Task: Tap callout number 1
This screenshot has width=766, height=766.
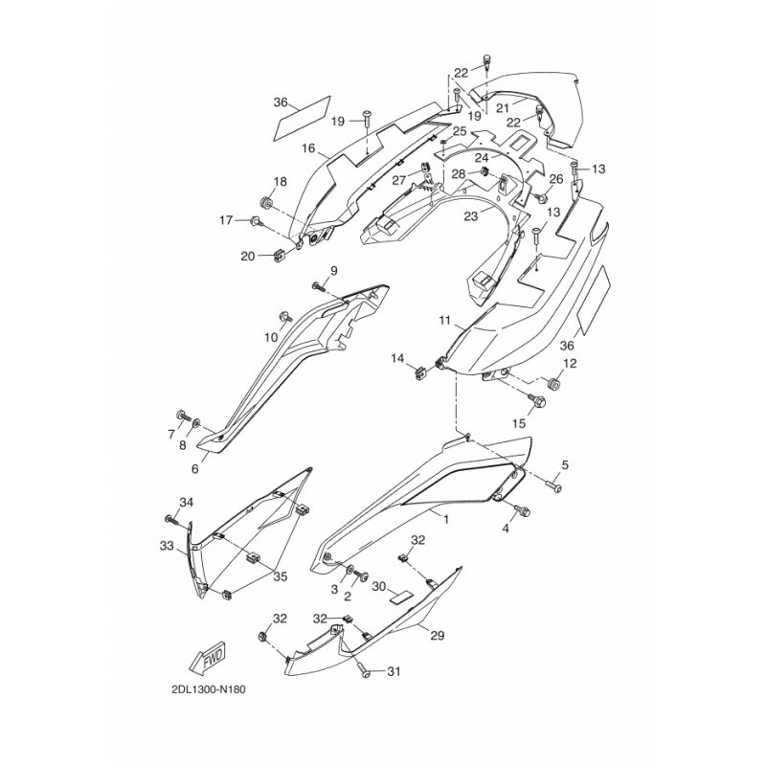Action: [x=445, y=516]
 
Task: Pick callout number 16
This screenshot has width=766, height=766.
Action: [x=307, y=148]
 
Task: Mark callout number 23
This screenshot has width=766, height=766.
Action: [x=470, y=216]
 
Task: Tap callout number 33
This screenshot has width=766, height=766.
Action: [x=166, y=546]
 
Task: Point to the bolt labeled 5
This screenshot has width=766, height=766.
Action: [x=554, y=486]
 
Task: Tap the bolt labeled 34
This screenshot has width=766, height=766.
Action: [x=170, y=519]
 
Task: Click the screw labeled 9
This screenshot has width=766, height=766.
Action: [x=316, y=287]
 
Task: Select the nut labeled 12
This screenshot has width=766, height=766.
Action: [x=553, y=383]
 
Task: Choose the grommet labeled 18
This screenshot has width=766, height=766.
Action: [x=266, y=204]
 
